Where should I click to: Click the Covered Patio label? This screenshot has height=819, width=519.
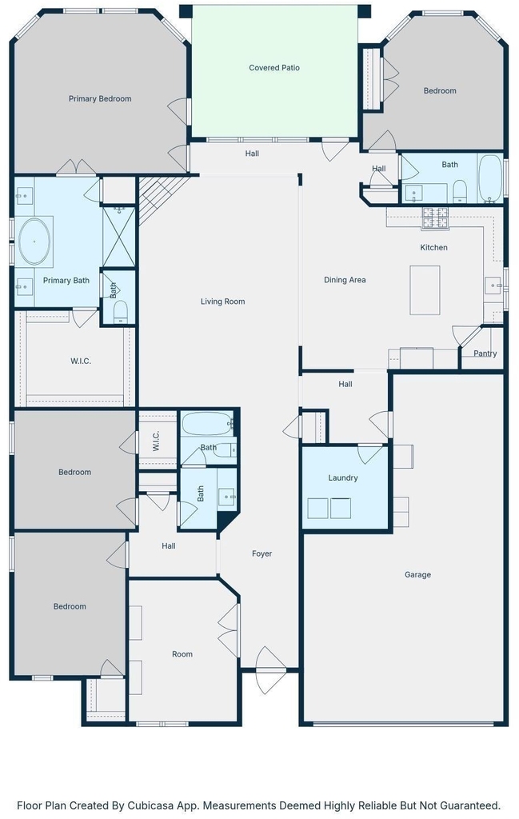point(274,67)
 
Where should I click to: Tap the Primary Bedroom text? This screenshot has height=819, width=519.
point(100,98)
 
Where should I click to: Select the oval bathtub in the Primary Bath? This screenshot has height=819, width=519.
point(34,242)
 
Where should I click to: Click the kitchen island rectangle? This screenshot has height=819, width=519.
point(425,290)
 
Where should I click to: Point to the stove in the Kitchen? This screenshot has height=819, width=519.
point(435,218)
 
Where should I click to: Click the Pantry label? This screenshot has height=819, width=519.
point(485,354)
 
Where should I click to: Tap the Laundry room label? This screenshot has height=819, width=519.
point(342,478)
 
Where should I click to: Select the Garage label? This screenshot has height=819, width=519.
point(417,574)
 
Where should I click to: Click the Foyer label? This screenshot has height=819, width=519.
point(261,553)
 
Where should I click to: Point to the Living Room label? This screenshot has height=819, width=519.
point(222,302)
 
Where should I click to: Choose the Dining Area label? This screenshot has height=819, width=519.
point(345,280)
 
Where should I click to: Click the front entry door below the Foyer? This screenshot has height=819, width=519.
point(269,670)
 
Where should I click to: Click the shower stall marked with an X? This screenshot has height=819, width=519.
point(119,237)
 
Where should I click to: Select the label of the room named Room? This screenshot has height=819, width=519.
point(182,654)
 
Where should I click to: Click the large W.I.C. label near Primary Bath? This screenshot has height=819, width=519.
point(81,361)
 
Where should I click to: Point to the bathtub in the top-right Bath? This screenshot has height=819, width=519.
point(489,178)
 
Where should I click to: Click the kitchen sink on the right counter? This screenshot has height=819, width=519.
point(493,286)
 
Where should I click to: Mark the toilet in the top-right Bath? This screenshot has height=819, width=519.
point(460,191)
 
